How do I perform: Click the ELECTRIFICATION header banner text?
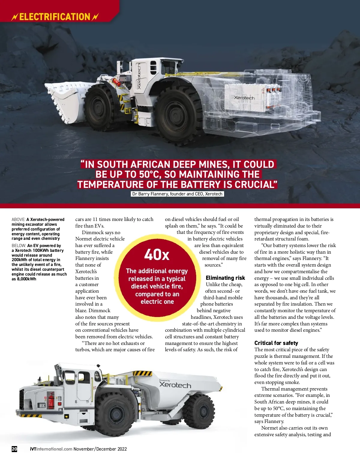55,17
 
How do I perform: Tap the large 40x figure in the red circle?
157,255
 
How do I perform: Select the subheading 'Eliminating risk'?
225,278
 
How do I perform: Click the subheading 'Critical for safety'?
276,343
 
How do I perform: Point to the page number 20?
14,449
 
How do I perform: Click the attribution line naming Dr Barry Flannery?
177,194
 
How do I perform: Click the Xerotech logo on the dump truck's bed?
175,385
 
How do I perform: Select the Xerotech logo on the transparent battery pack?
244,98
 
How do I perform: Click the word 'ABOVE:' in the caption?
19,219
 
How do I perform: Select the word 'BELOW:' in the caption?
19,246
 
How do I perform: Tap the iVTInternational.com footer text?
51,449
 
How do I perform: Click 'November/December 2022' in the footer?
100,449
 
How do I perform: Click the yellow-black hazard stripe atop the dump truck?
142,373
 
